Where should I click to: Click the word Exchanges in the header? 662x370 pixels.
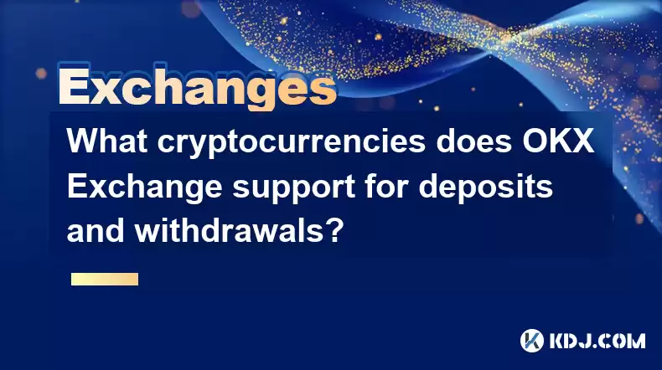pos(198,86)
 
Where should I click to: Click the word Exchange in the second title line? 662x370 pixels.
pos(144,188)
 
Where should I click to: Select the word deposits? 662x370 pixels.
pos(485,188)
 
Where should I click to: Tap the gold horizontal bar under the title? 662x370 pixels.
pos(105,280)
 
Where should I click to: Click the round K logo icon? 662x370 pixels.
pos(532,341)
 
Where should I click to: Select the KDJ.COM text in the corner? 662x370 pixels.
pos(597,341)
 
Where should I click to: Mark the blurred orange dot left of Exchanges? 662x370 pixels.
pos(41,74)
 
